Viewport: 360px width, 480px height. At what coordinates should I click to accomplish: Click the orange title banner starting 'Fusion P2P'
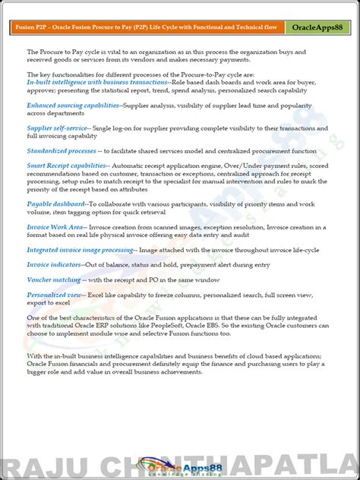coord(147,27)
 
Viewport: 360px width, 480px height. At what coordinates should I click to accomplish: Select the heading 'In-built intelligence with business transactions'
coord(97,81)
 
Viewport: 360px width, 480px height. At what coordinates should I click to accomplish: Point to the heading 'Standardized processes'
coord(62,151)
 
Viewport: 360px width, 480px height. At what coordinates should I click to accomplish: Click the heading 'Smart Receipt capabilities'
coord(67,165)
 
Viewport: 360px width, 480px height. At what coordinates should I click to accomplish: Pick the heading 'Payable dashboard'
coord(56,204)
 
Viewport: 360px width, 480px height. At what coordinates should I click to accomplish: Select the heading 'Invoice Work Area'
coord(55,226)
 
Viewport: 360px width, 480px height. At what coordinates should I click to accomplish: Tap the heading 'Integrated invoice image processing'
coord(81,249)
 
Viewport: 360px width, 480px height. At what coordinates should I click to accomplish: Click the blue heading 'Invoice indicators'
coord(54,264)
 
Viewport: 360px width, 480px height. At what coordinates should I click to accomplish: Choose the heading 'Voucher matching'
coord(54,279)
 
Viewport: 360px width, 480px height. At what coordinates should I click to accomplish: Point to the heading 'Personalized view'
coord(55,294)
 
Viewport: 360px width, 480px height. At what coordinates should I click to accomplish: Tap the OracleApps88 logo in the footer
coord(179,464)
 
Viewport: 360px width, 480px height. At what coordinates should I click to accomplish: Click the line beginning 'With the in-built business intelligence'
coord(173,355)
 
